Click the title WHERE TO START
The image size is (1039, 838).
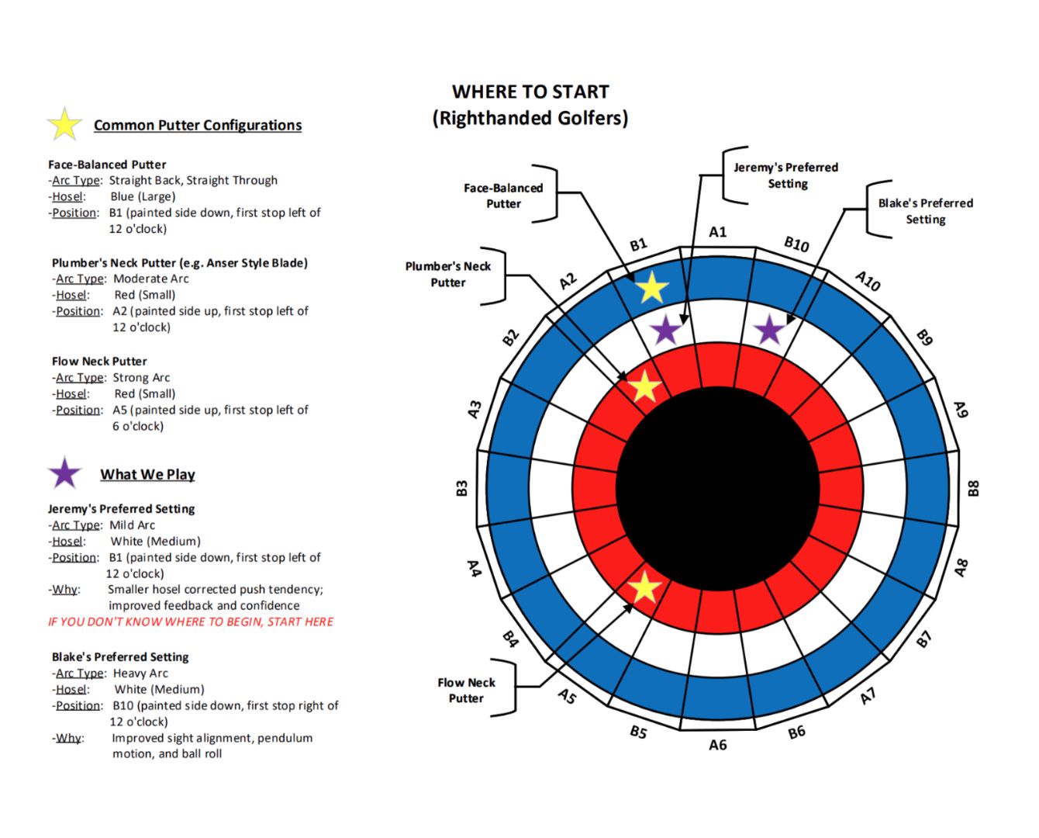coord(530,92)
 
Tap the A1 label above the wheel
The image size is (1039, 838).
coord(717,233)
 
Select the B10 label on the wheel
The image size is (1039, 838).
coord(796,244)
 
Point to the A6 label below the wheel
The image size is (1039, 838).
coord(717,745)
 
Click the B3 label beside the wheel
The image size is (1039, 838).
coord(461,488)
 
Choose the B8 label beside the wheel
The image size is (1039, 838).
coord(973,488)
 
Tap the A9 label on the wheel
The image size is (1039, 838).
coord(961,409)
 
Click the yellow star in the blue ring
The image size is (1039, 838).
coord(652,288)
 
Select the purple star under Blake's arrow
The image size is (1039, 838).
coord(770,330)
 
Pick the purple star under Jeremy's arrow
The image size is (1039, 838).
coord(666,330)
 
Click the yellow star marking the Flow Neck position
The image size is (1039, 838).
coord(644,587)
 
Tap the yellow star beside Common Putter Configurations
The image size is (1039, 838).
coord(64,124)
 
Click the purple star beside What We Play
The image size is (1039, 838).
coord(64,473)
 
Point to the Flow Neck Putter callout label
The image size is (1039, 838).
coord(466,690)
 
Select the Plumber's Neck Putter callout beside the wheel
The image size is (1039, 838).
coord(447,274)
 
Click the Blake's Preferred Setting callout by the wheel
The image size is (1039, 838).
coord(925,211)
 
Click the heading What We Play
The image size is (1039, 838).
coord(148,474)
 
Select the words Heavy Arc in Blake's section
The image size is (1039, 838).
coord(140,674)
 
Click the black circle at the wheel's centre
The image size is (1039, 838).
coord(717,489)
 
